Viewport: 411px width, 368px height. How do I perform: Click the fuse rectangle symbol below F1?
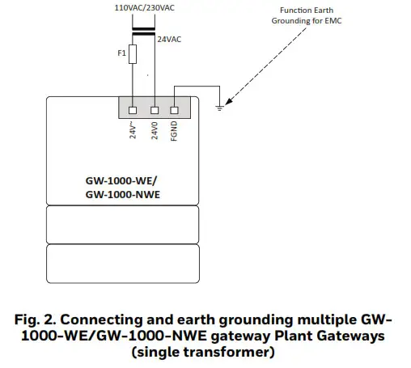coord(133,54)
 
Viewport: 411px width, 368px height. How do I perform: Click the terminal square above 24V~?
coord(133,108)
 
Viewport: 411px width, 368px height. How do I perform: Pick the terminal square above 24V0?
coord(153,108)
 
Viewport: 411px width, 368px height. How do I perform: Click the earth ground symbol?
coord(219,104)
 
